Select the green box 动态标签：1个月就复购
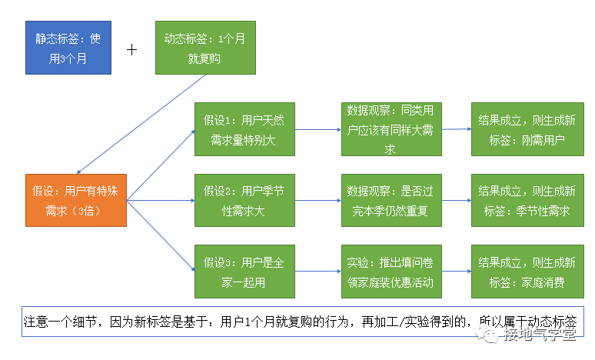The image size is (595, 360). pos(204,48)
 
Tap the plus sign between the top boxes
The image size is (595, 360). pos(132,49)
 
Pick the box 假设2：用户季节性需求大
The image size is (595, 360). pos(244,200)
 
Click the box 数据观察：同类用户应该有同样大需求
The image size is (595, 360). pos(391,130)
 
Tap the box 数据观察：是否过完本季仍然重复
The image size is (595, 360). pos(391,200)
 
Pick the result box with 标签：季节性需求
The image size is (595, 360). pos(527,200)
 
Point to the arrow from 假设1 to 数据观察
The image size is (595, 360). pos(317,129)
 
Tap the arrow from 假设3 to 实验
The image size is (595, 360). pos(317,272)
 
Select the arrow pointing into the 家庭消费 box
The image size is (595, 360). pos(457,272)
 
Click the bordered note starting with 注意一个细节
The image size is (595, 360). pos(300,322)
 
